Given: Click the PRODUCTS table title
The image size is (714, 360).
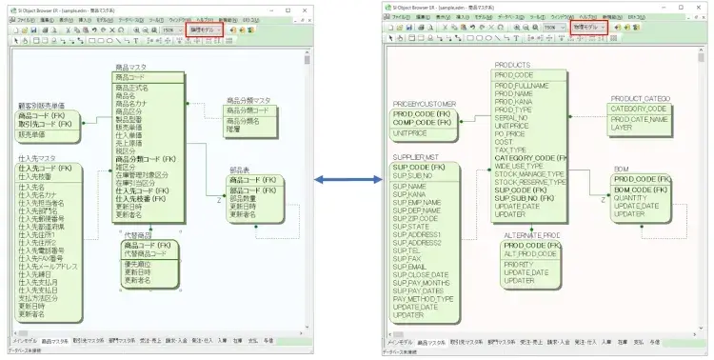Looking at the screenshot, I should pyautogui.click(x=512, y=65).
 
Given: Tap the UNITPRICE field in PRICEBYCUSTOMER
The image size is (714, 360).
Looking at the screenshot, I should pyautogui.click(x=410, y=134).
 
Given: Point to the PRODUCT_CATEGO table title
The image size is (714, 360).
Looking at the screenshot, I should pyautogui.click(x=642, y=98).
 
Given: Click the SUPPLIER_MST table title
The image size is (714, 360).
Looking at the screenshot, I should pyautogui.click(x=417, y=155).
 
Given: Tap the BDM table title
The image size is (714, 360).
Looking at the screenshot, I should pyautogui.click(x=621, y=169).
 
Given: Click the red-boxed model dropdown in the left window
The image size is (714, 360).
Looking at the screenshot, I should pyautogui.click(x=205, y=30).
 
